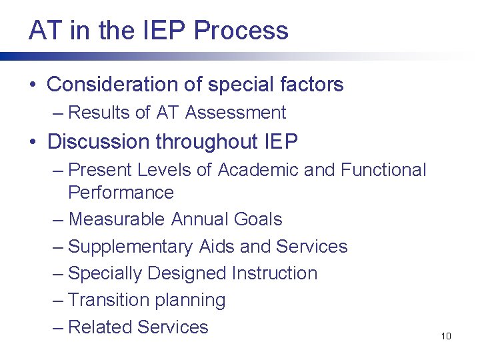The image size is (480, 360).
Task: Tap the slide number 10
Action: [x=446, y=336]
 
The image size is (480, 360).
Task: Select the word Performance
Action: [x=121, y=193]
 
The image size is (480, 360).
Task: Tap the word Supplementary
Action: [x=131, y=247]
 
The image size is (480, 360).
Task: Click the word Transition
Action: [x=109, y=300]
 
